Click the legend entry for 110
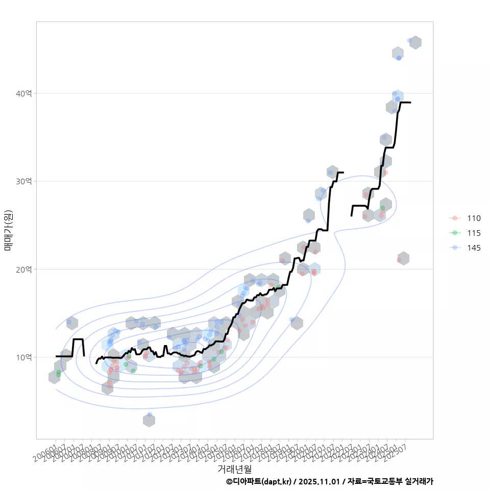coord(473,218)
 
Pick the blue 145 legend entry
coord(473,248)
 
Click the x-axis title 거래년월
coord(235,469)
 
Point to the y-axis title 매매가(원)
coord(8,230)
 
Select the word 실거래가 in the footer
coord(419,481)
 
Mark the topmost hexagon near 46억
coord(415,42)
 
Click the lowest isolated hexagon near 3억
coord(149,421)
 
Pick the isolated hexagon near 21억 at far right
coord(403,258)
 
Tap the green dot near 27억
coord(382,208)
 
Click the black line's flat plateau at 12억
coord(78,339)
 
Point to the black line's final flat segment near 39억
coord(405,103)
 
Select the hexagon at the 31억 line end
coord(332,171)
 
